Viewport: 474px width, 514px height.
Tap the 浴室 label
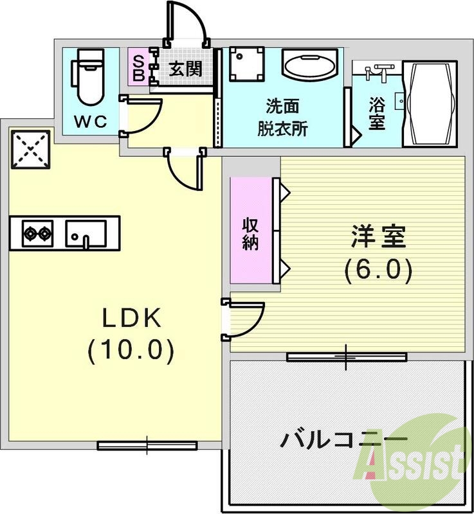pyautogui.click(x=376, y=114)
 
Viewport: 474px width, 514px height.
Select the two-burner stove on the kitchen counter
pyautogui.click(x=37, y=233)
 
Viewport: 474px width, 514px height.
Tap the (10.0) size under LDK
pyautogui.click(x=131, y=350)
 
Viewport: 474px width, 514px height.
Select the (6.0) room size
pyautogui.click(x=378, y=270)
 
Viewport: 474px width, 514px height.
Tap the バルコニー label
pyautogui.click(x=344, y=441)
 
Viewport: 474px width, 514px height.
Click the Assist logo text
pyautogui.click(x=415, y=460)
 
